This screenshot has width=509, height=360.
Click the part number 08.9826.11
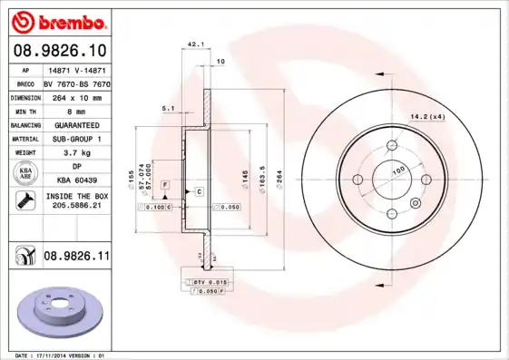click(76, 258)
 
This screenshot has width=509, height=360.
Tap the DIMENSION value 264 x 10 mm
click(76, 96)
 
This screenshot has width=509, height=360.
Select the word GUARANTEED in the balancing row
click(76, 125)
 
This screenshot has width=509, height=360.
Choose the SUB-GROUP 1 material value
click(76, 140)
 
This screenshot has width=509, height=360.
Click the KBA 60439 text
click(76, 180)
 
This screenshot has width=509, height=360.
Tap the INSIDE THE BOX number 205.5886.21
click(76, 207)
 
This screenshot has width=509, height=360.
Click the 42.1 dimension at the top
click(194, 43)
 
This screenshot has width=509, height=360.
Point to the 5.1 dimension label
click(168, 108)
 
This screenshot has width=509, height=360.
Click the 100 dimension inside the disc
click(397, 170)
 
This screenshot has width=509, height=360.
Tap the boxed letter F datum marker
click(166, 185)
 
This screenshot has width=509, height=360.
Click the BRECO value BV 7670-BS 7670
click(76, 83)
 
